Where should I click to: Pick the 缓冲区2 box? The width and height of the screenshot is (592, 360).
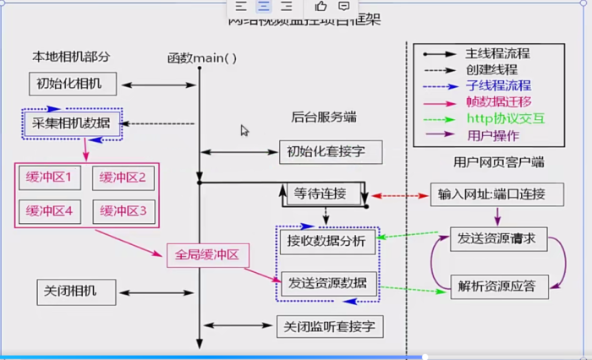click(x=123, y=177)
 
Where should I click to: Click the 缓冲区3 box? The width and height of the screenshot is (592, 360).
click(x=123, y=210)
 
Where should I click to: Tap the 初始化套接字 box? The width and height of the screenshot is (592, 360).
click(x=330, y=153)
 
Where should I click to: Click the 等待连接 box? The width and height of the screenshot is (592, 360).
click(x=321, y=194)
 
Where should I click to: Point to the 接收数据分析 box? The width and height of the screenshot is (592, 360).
click(x=326, y=242)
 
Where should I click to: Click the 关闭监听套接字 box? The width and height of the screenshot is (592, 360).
click(x=330, y=325)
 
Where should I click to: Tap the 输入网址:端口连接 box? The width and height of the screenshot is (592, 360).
click(x=496, y=194)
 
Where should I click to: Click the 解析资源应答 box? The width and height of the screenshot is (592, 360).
click(x=498, y=285)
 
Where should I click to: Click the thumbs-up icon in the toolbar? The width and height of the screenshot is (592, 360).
click(x=321, y=7)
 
